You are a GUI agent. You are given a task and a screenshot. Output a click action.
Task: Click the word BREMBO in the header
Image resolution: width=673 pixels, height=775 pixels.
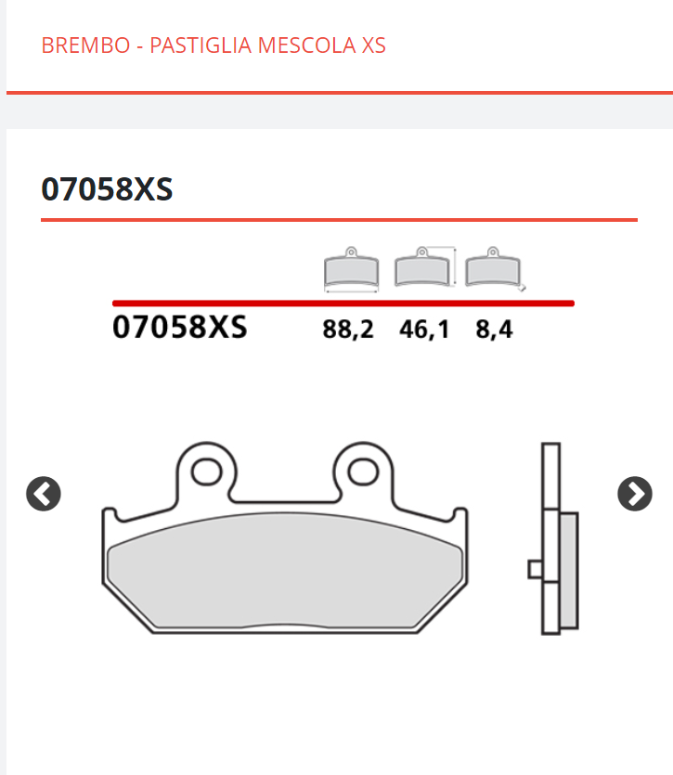pyautogui.click(x=85, y=45)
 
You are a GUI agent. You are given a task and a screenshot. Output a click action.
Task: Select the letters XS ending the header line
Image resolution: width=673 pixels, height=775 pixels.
pyautogui.click(x=373, y=45)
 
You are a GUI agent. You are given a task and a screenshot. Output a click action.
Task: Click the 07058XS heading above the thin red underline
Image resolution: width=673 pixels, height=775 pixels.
pyautogui.click(x=107, y=189)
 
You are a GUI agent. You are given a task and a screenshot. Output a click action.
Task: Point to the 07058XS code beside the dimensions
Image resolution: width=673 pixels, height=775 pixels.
pyautogui.click(x=180, y=328)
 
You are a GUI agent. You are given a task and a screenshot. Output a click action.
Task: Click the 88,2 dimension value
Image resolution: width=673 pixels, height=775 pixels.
pyautogui.click(x=348, y=329)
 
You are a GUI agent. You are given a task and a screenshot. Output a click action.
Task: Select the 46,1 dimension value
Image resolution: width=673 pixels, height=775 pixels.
pyautogui.click(x=424, y=329)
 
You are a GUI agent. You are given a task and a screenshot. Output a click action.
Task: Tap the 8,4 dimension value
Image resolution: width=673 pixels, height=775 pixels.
pyautogui.click(x=494, y=329)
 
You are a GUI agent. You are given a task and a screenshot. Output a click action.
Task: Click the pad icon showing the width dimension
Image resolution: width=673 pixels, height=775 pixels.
pyautogui.click(x=351, y=270)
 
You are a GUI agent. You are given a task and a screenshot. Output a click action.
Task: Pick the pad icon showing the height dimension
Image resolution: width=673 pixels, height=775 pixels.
pyautogui.click(x=423, y=269)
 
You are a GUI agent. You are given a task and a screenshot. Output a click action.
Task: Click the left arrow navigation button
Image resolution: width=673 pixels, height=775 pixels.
pyautogui.click(x=44, y=494)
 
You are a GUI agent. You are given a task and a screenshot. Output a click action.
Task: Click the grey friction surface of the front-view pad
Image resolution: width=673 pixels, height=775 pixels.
pyautogui.click(x=286, y=571)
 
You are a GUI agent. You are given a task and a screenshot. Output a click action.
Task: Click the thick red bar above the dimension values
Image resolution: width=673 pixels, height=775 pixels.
pyautogui.click(x=343, y=303)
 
